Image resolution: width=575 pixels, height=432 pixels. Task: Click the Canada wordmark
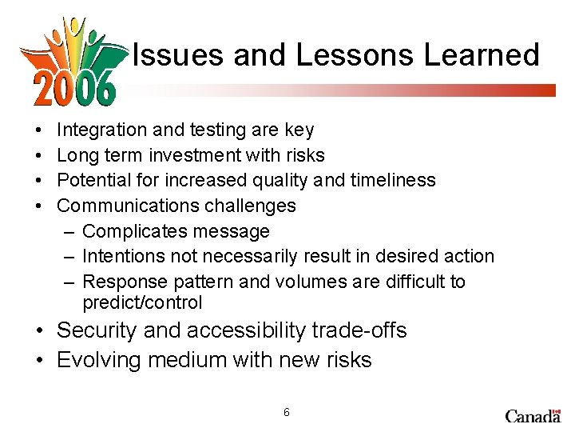[x=533, y=415]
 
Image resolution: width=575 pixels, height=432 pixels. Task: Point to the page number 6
[x=287, y=413]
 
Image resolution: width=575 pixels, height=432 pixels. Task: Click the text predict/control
[x=142, y=302]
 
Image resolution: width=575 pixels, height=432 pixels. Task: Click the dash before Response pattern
[x=69, y=282]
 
